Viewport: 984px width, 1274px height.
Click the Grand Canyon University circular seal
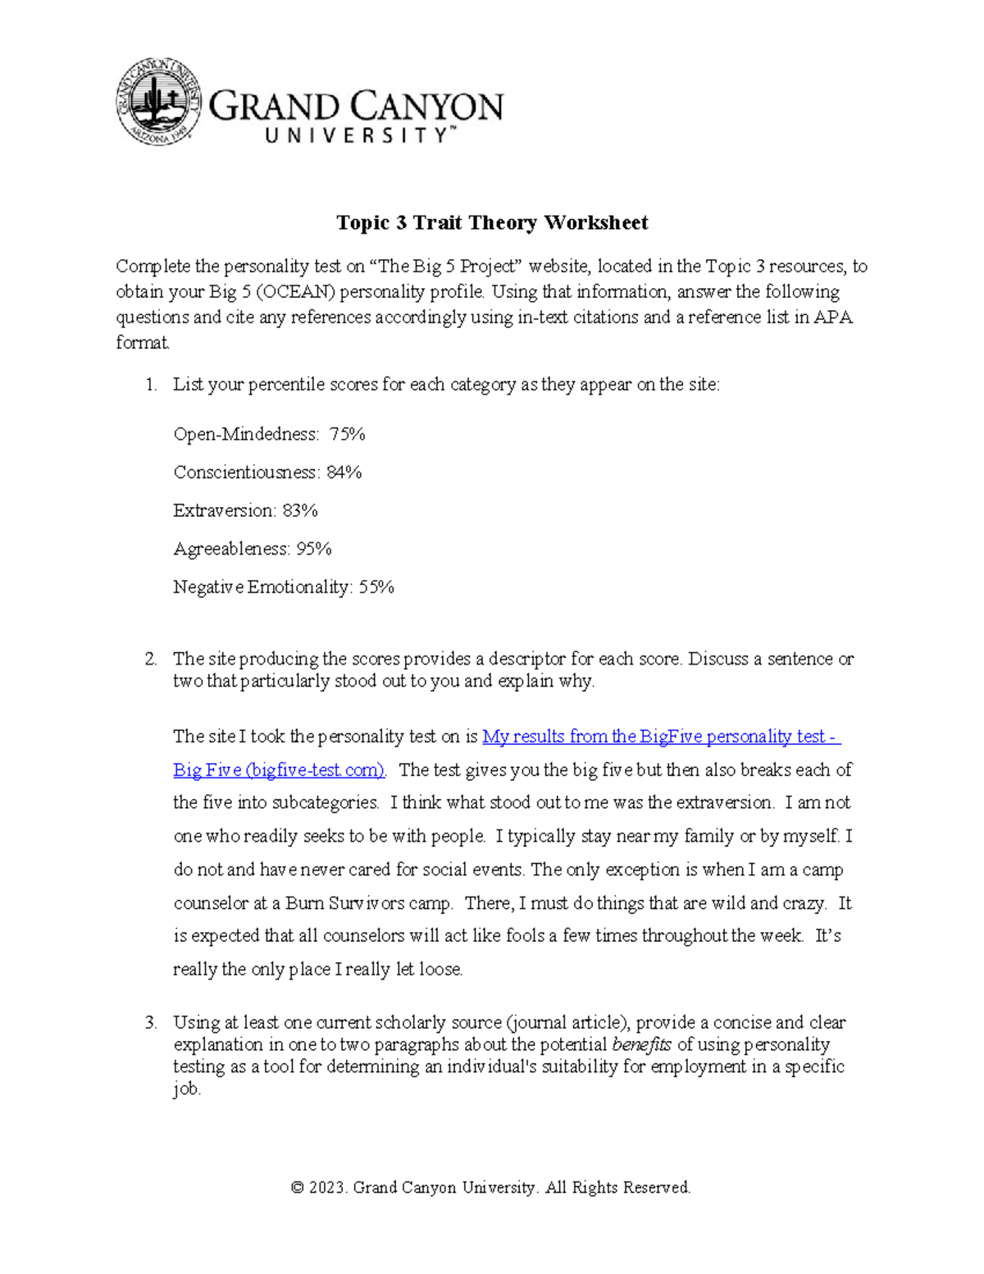coord(158,102)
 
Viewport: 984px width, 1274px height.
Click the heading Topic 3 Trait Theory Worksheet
coord(492,222)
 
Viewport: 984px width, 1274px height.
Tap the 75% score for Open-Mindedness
coord(347,434)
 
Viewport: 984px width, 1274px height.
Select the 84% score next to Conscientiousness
coord(344,473)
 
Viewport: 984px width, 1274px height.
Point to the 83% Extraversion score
coord(299,510)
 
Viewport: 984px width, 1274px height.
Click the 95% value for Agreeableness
coord(313,549)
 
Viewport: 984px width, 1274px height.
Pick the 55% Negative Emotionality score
coord(376,587)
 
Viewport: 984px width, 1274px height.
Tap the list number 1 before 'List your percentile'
coord(150,385)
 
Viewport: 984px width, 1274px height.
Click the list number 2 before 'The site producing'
coord(150,659)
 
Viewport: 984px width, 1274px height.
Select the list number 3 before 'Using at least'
coord(150,1023)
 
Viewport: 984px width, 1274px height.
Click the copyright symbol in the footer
coord(298,1188)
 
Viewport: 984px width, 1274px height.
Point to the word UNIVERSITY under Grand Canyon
coord(357,135)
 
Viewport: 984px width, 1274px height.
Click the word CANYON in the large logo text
coord(429,107)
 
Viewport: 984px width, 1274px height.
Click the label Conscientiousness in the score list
coord(246,473)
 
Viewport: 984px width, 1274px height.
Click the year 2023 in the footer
coord(329,1188)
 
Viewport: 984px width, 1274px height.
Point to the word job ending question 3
coord(186,1089)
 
